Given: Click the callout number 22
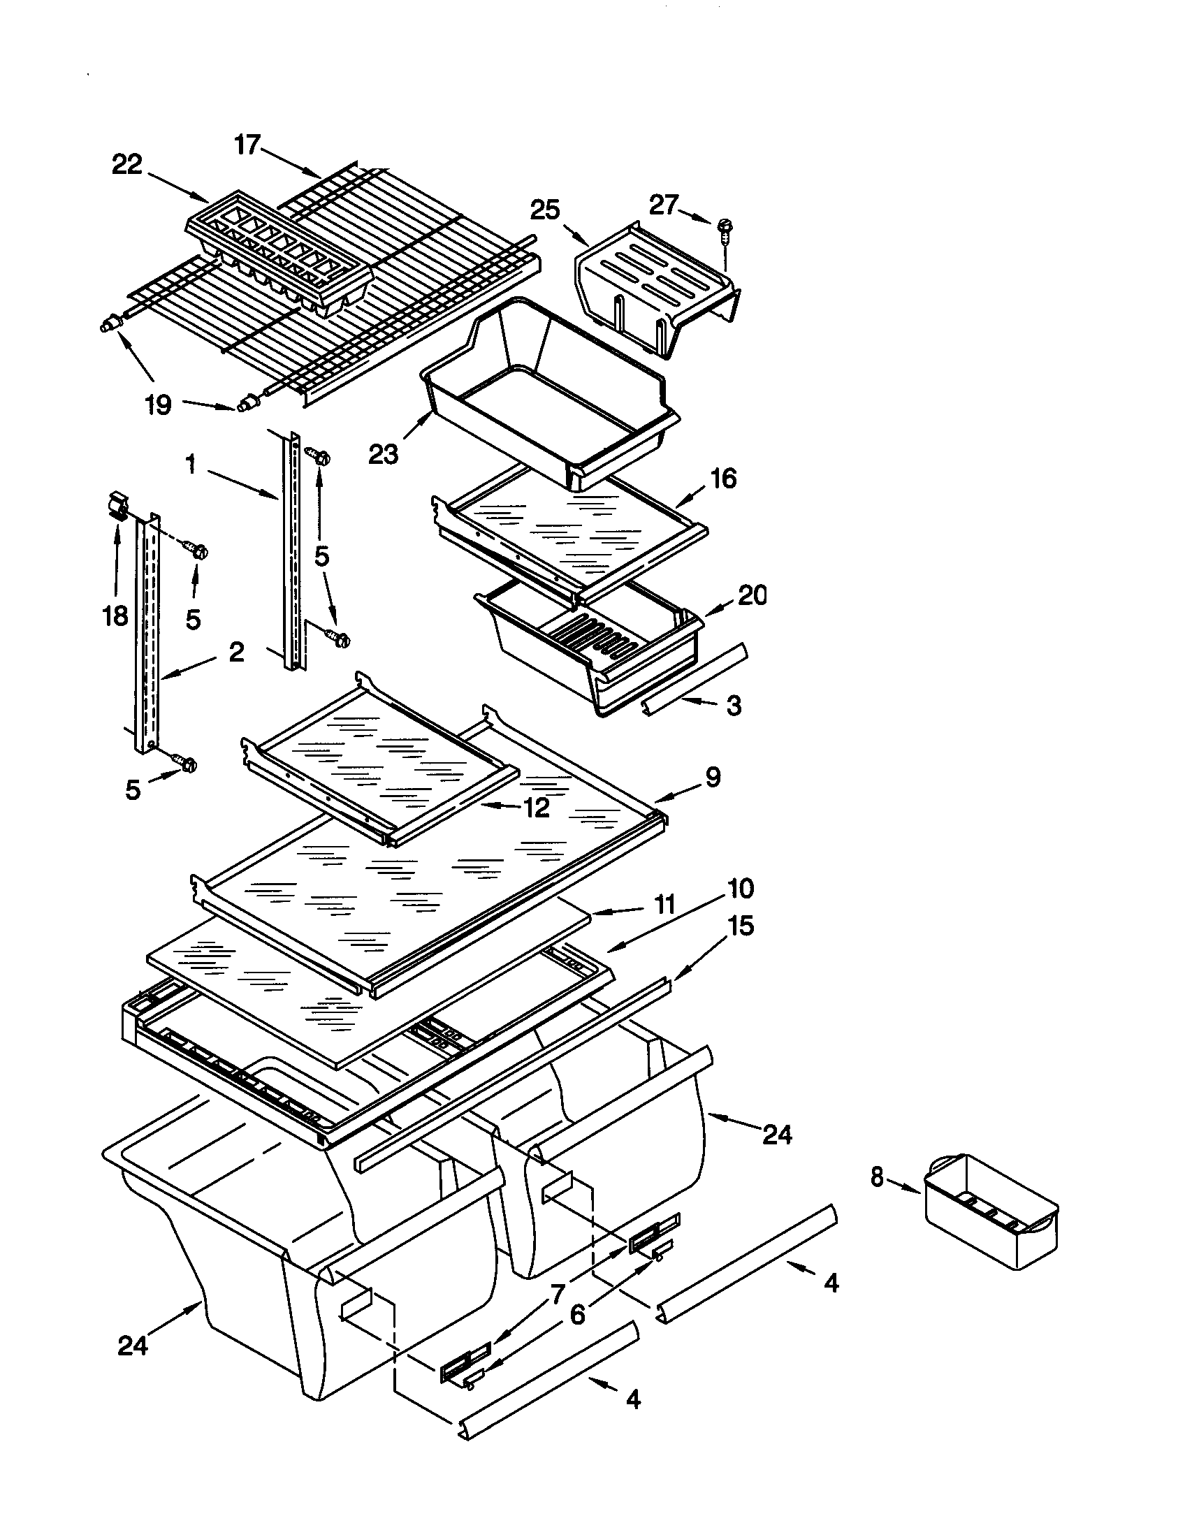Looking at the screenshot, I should click(127, 166).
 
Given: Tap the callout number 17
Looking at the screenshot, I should click(247, 145).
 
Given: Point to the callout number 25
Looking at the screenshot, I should click(545, 210).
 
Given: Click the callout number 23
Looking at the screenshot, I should click(384, 455).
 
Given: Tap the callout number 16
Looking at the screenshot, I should click(723, 479).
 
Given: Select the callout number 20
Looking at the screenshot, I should click(753, 595).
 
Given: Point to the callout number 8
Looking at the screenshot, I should click(876, 1177).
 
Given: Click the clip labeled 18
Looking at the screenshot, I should click(119, 505).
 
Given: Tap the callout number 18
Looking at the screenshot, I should click(115, 615).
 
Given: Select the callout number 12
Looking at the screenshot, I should click(536, 808).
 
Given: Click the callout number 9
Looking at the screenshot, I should click(713, 777).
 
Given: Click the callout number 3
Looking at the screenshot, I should click(734, 705).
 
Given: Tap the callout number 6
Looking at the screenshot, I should click(577, 1314).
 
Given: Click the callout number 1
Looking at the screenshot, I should click(190, 465).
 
